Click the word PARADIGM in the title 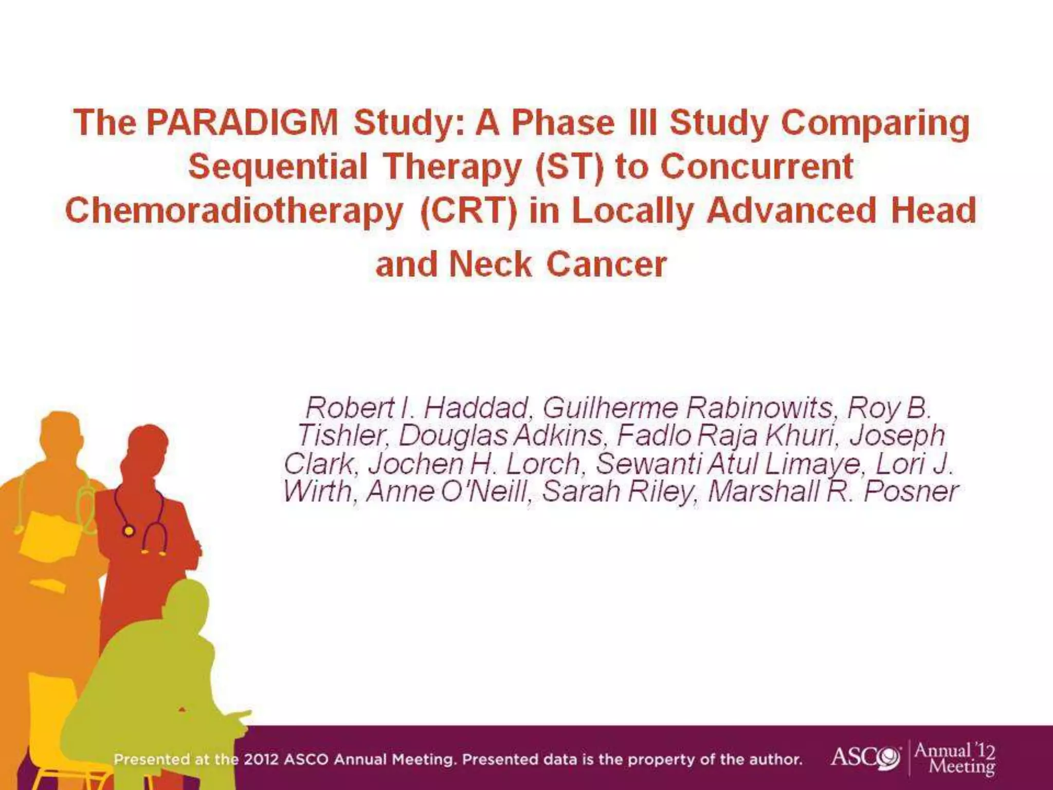[x=242, y=123]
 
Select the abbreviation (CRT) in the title [x=468, y=211]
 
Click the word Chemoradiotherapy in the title [x=234, y=211]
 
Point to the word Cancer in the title [x=606, y=265]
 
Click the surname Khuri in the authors [x=800, y=436]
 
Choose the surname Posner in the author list [x=911, y=491]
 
